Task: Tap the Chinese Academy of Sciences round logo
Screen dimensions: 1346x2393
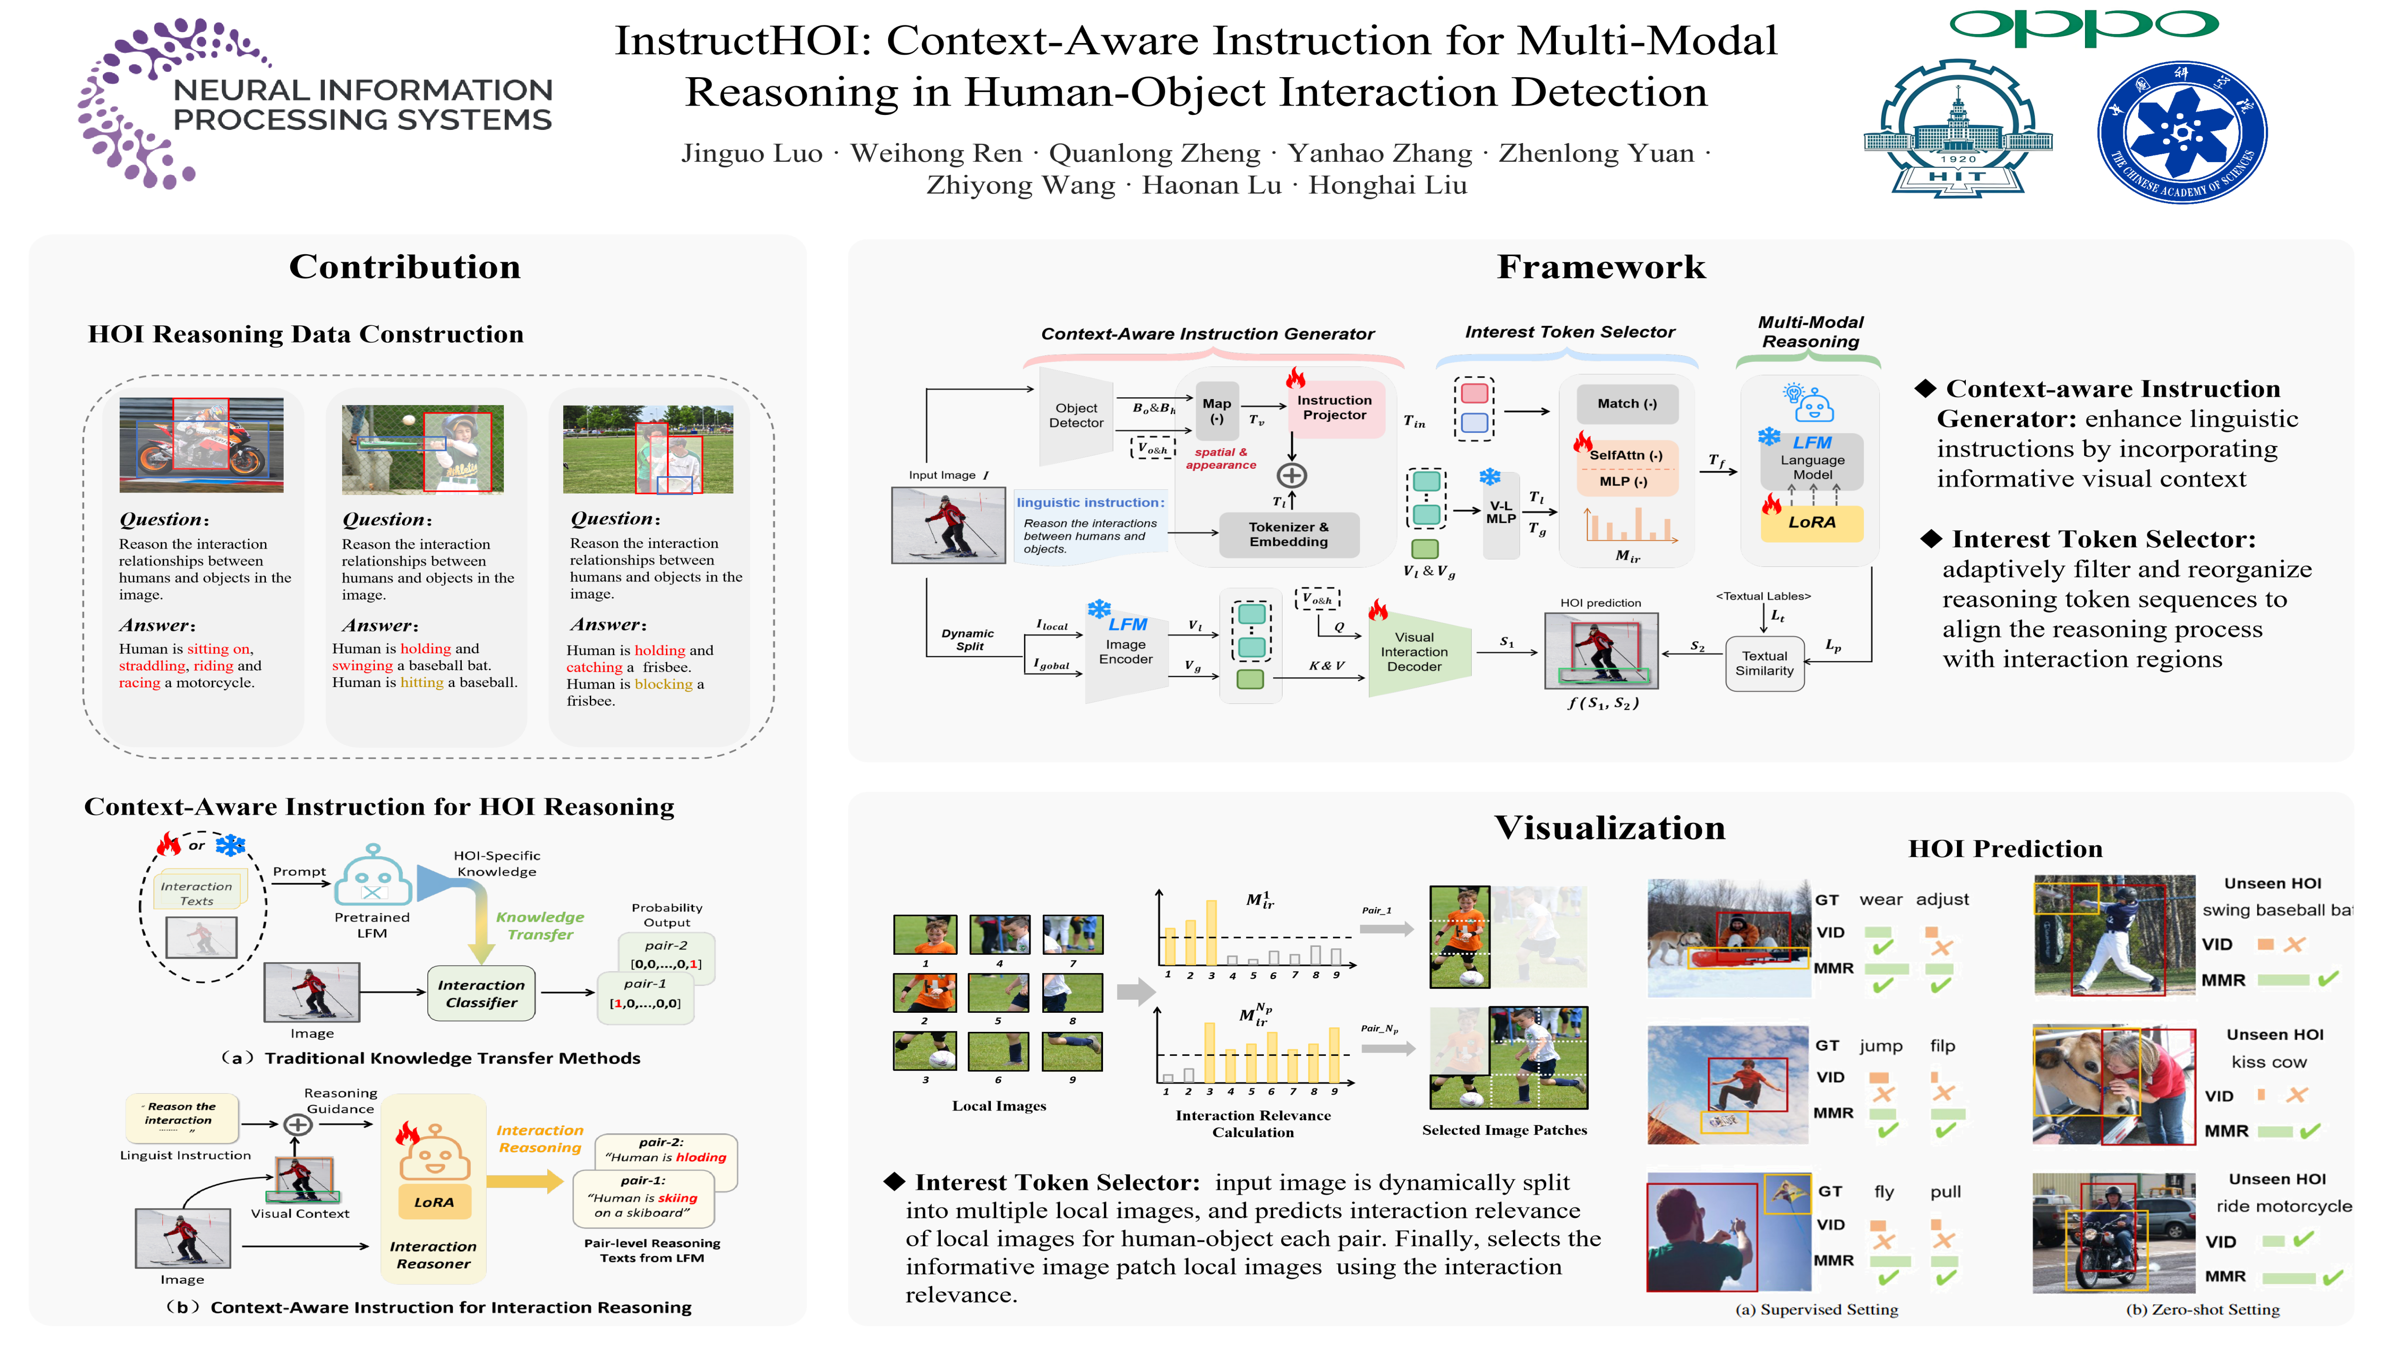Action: pyautogui.click(x=2181, y=132)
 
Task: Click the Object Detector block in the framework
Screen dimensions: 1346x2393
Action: pyautogui.click(x=1076, y=415)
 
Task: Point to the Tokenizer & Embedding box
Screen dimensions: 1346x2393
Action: pyautogui.click(x=1289, y=534)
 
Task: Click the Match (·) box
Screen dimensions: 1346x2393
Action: pyautogui.click(x=1626, y=403)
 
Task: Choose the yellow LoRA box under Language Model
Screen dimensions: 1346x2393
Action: pyautogui.click(x=1812, y=522)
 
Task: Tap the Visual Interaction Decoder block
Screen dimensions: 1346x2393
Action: pyautogui.click(x=1414, y=652)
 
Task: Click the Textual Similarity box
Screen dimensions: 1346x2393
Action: pyautogui.click(x=1764, y=663)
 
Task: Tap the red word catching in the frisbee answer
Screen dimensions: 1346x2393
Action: pyautogui.click(x=595, y=667)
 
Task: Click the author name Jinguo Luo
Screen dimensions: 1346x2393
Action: pyautogui.click(x=752, y=153)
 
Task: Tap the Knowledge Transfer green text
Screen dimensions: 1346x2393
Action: pyautogui.click(x=540, y=926)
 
